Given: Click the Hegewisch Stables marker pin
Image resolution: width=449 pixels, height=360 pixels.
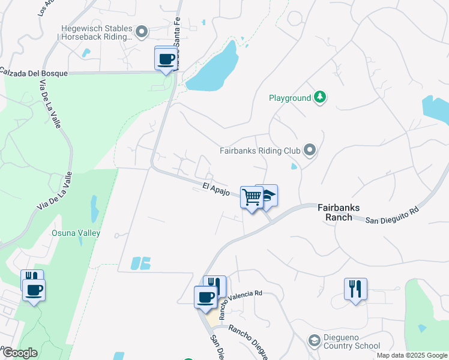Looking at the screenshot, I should pyautogui.click(x=142, y=31).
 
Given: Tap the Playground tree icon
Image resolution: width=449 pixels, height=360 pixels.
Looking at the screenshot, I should pyautogui.click(x=320, y=97).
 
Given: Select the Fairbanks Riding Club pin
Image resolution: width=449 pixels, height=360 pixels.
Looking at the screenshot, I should pyautogui.click(x=310, y=150).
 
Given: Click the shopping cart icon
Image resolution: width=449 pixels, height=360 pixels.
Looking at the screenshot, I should pyautogui.click(x=252, y=197).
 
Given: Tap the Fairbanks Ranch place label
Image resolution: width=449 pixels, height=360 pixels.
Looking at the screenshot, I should pyautogui.click(x=339, y=212).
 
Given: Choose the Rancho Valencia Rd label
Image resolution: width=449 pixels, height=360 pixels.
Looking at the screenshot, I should pyautogui.click(x=241, y=300).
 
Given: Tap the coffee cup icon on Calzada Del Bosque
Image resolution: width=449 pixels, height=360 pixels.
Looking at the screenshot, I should pyautogui.click(x=166, y=59).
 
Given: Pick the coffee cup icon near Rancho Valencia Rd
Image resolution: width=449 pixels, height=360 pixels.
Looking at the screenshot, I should pyautogui.click(x=205, y=296).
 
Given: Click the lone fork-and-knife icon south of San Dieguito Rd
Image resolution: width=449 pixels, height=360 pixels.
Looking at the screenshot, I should pyautogui.click(x=355, y=289).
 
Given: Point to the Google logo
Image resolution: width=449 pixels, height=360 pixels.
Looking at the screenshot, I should pyautogui.click(x=19, y=353).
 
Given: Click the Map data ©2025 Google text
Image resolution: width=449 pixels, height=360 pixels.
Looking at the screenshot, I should pyautogui.click(x=412, y=355).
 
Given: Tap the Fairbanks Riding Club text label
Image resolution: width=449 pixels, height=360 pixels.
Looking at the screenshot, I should pyautogui.click(x=259, y=151).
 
